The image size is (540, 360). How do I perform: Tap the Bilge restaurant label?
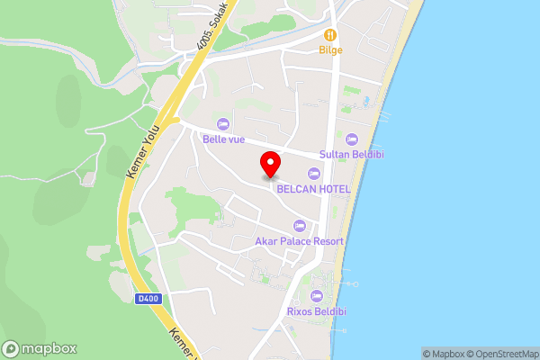(330, 50)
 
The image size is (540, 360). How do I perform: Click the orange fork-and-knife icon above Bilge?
(330, 35)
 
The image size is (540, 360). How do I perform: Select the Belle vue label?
(223, 139)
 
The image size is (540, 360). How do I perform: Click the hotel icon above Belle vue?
(223, 123)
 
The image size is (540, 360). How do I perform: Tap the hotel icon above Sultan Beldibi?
(351, 139)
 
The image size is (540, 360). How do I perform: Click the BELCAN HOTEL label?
(312, 188)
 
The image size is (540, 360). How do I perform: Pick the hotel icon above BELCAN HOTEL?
(313, 173)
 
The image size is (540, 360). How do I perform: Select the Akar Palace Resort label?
(300, 241)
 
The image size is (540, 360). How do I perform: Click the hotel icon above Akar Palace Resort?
(300, 226)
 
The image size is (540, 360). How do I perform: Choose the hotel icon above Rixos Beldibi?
(316, 295)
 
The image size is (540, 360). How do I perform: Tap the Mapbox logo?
(40, 349)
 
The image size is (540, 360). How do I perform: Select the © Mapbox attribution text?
(442, 354)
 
